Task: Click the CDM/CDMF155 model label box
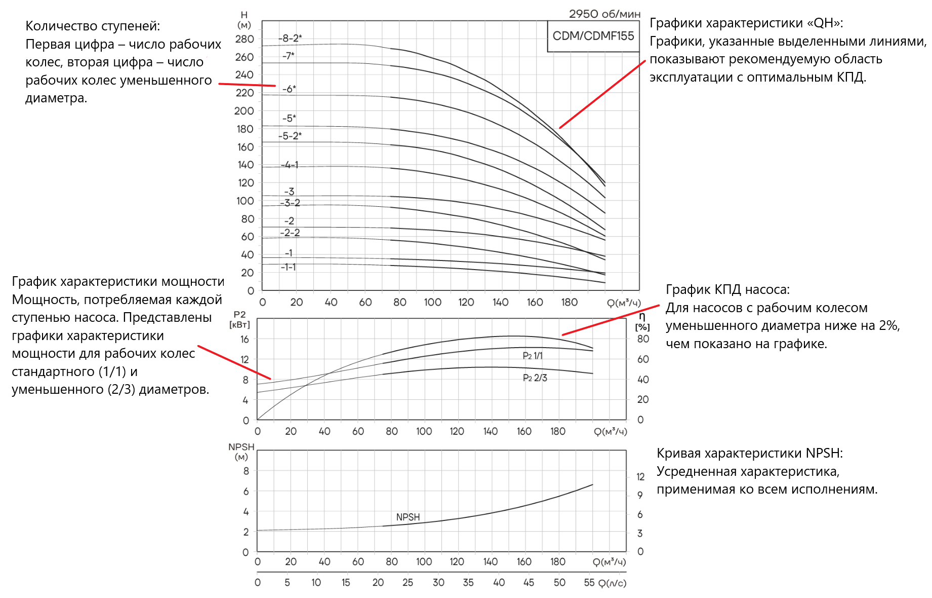point(593,36)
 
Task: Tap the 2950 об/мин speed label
point(604,14)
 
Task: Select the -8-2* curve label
point(290,38)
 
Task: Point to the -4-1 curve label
point(290,165)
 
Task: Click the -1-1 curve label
point(289,267)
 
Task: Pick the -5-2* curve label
point(290,136)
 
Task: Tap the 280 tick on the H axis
point(245,39)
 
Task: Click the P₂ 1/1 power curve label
point(533,356)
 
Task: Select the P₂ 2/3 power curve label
point(535,378)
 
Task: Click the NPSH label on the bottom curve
point(408,517)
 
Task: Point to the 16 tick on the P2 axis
point(245,339)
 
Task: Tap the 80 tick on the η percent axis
point(643,339)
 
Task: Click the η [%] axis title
point(642,322)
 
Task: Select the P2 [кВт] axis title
point(239,320)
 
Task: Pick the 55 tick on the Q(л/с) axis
point(589,582)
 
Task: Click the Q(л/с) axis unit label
point(613,583)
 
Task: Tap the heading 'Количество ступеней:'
point(93,26)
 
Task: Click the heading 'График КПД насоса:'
point(727,289)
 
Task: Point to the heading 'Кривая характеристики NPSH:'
point(750,453)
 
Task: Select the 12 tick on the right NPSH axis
point(640,476)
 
